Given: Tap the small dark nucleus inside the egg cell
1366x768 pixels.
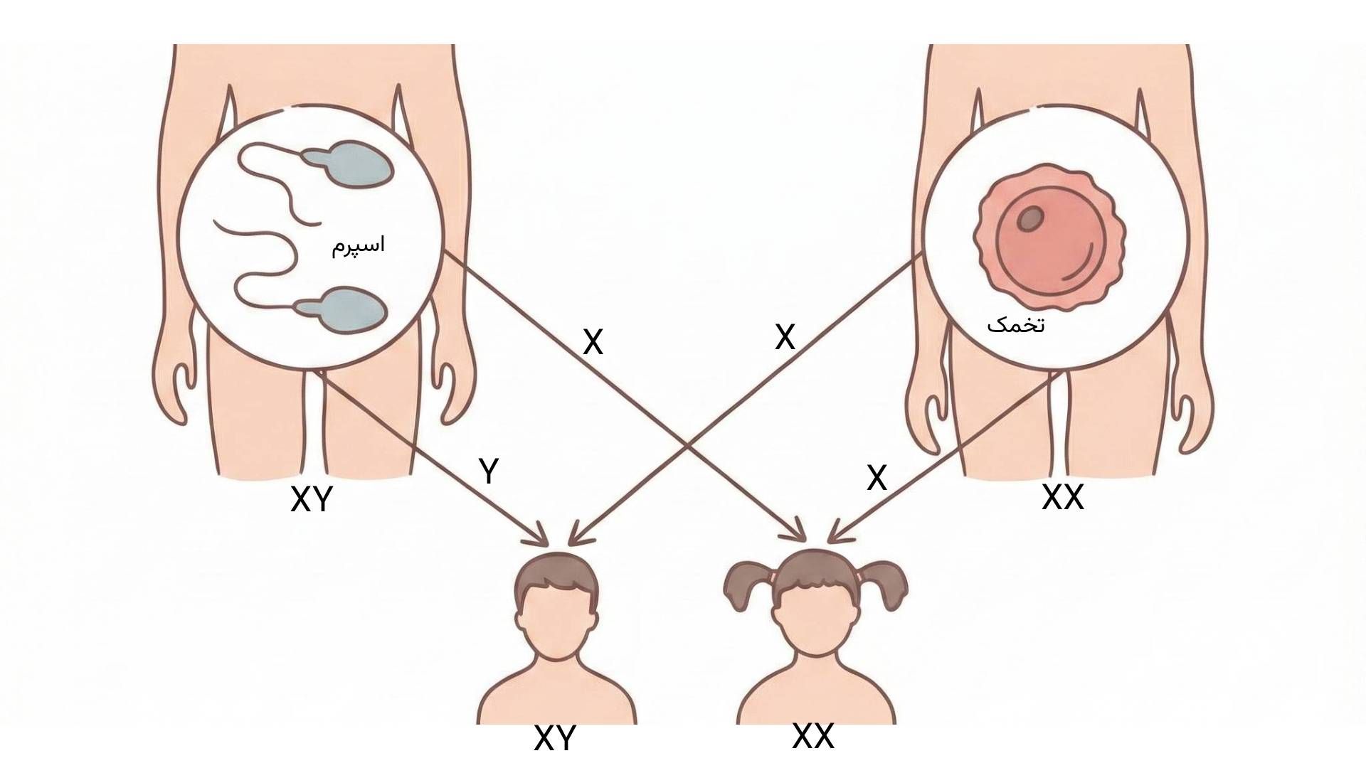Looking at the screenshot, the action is click(x=1029, y=218).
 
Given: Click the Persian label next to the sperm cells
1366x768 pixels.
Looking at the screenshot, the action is click(x=358, y=245).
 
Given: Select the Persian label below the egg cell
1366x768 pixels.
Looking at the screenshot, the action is click(x=1016, y=325).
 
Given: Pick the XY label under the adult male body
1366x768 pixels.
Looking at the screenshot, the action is click(x=312, y=500).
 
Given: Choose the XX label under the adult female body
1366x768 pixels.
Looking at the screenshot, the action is click(x=1063, y=497).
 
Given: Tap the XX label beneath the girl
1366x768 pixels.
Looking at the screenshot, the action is click(x=812, y=737).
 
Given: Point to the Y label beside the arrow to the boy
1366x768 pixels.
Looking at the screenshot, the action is click(x=489, y=471).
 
